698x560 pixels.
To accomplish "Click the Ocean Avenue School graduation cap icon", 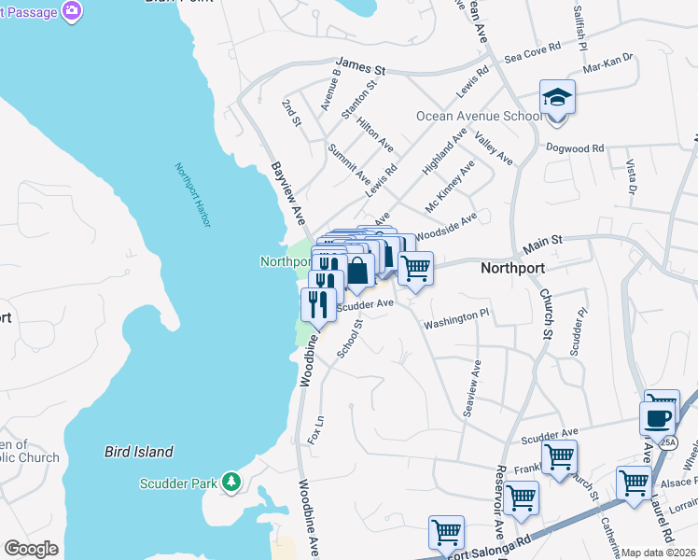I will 557,97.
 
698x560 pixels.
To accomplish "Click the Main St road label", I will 542,242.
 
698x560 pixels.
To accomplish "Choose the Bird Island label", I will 138,452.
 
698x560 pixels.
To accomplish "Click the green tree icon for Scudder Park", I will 230,483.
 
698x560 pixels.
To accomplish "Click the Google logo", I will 31,549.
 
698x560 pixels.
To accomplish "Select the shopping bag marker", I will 357,271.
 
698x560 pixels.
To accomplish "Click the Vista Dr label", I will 631,177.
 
